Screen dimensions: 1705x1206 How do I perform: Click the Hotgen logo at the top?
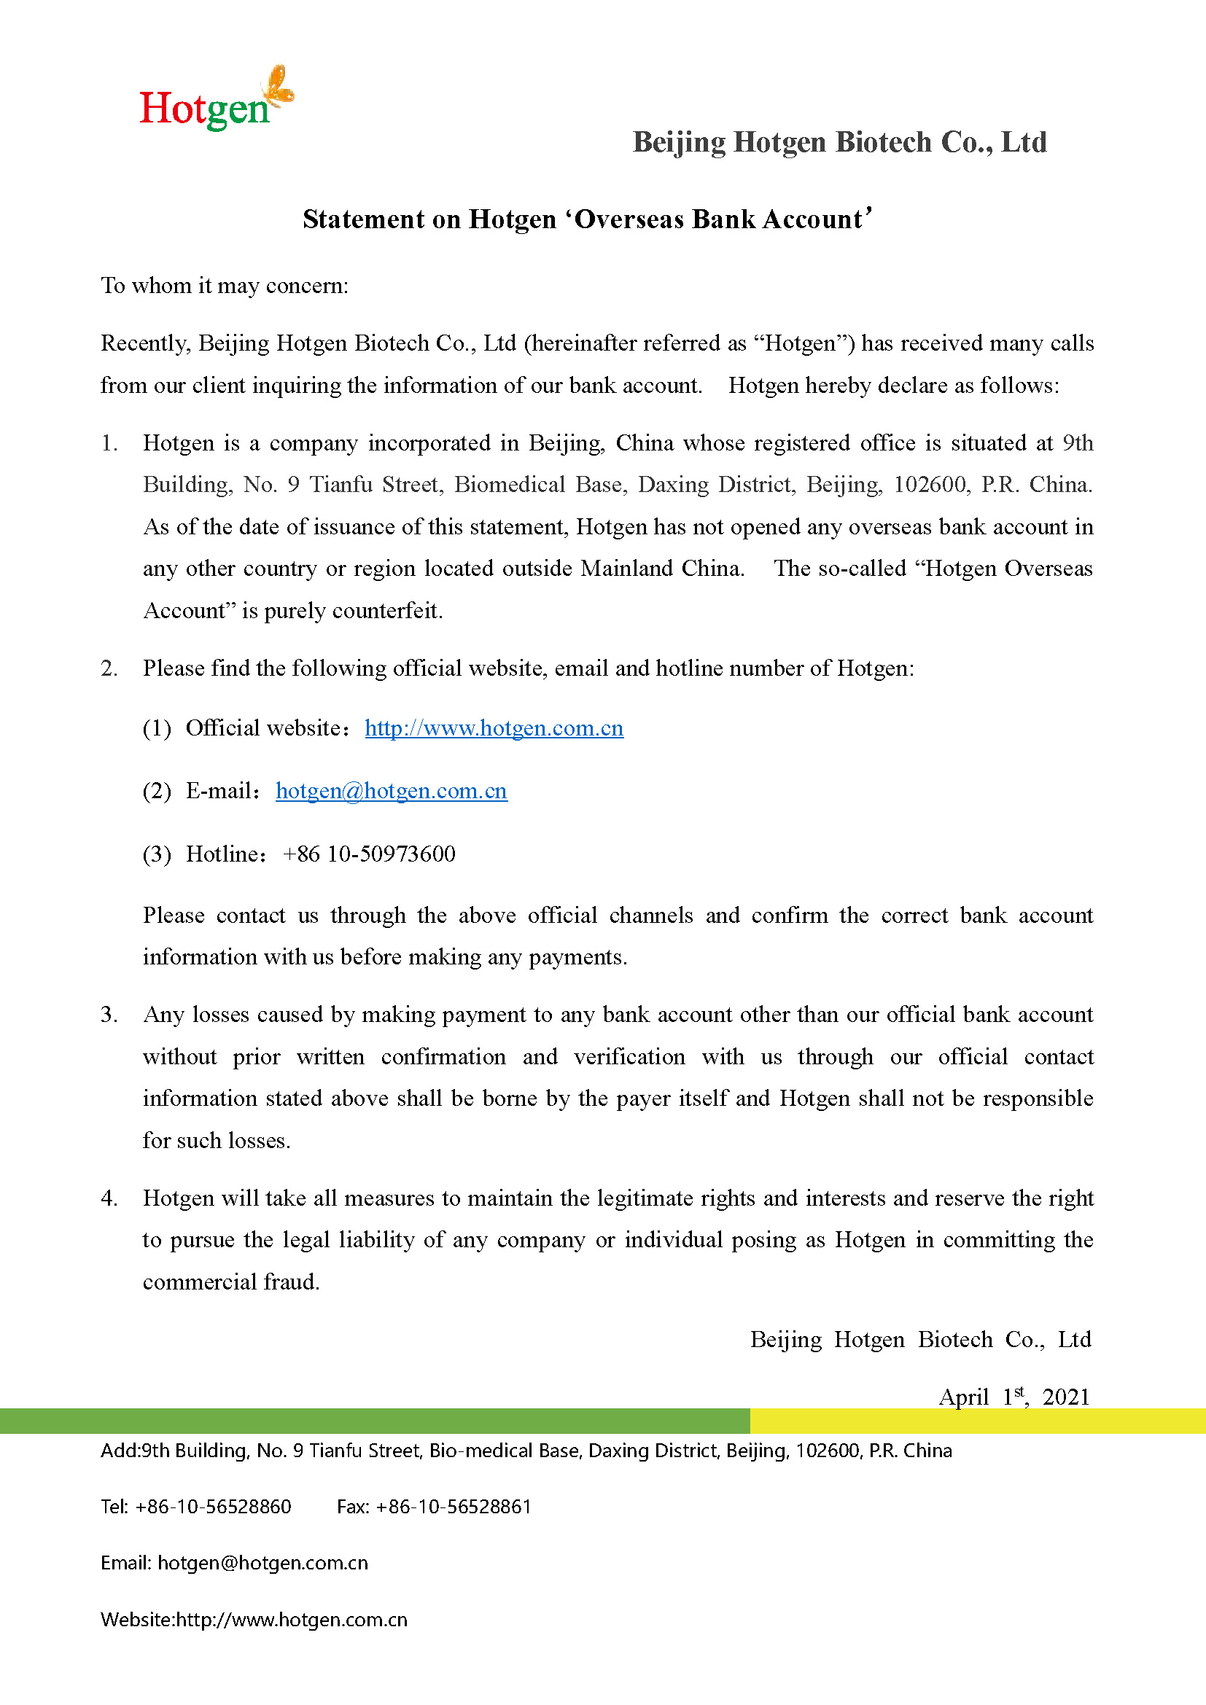[x=215, y=101]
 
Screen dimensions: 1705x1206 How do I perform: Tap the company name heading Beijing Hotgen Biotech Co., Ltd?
[x=839, y=142]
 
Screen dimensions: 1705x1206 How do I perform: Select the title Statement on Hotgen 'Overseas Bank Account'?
[x=587, y=219]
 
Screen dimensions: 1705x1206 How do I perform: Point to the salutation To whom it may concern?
[x=225, y=285]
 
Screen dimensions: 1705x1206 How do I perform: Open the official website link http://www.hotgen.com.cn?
[x=494, y=727]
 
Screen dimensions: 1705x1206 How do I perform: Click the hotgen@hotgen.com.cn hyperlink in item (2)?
[x=392, y=791]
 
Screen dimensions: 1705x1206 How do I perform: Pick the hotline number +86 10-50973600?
[x=369, y=854]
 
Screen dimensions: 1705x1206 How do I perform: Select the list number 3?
[x=109, y=1015]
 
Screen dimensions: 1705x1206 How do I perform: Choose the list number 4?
[x=109, y=1198]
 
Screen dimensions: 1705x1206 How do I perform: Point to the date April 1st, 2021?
[x=1014, y=1397]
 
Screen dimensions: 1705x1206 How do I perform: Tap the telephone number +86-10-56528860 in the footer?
[x=213, y=1507]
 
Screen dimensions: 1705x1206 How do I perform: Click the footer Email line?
[x=234, y=1563]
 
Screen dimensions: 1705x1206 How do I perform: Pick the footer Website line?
[x=254, y=1620]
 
